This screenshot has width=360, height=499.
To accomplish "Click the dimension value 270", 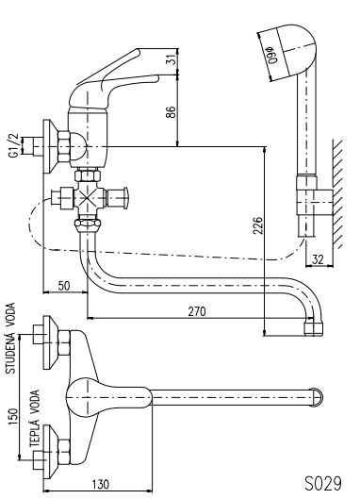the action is pos(197,311).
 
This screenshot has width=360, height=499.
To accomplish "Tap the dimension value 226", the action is pos(258,225).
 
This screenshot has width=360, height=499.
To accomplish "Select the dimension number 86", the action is pos(171,112).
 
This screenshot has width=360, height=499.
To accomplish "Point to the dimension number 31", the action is pos(172,59).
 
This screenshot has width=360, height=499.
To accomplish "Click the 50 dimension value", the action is pos(64,286).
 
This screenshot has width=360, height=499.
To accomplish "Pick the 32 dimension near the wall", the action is pos(317,260).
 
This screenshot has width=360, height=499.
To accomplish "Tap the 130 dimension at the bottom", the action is pos(101,484).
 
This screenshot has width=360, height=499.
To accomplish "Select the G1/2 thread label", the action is pos(14,145).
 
